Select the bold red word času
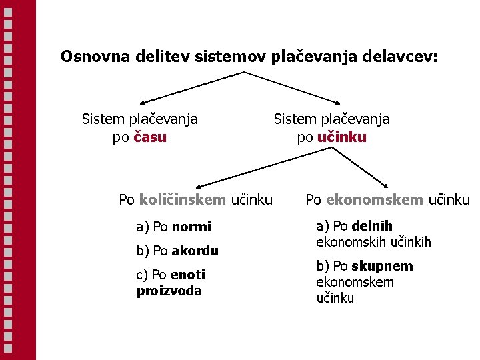point(150,138)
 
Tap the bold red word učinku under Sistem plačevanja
point(342,138)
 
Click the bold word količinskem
point(183,199)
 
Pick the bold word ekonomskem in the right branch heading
point(375,199)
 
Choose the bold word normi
point(191,227)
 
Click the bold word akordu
point(195,251)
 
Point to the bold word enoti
point(188,275)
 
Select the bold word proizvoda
point(169,291)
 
